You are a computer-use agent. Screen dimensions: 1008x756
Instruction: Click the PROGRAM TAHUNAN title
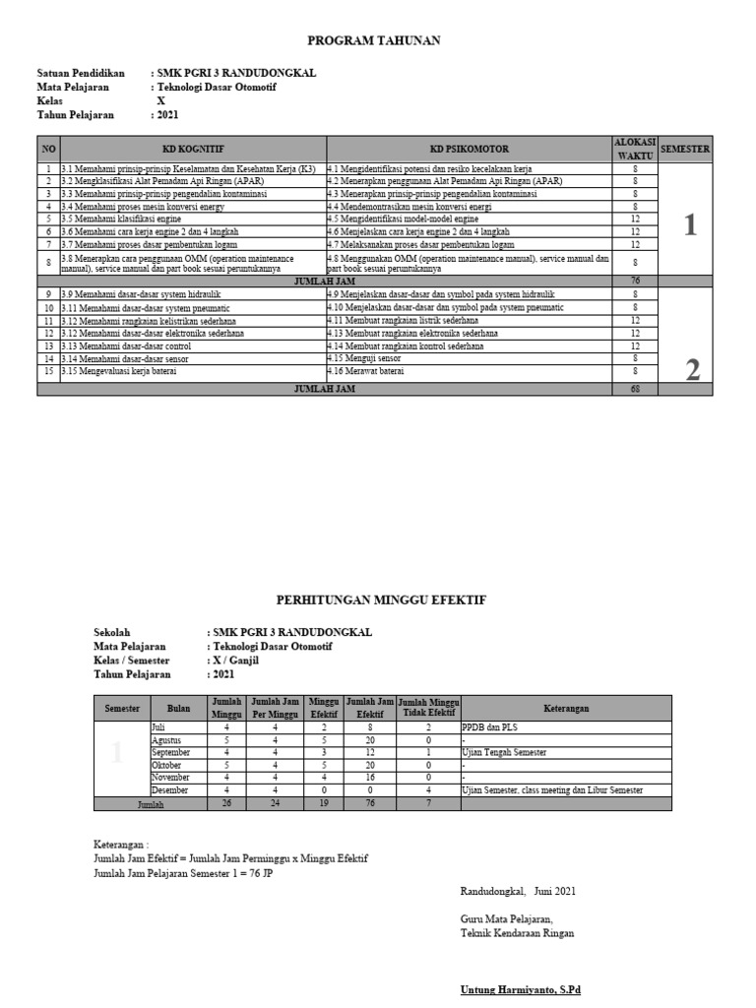coord(373,40)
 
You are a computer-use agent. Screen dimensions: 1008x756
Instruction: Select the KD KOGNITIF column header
coord(192,149)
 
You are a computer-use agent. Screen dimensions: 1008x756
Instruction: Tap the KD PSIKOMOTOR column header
coord(469,149)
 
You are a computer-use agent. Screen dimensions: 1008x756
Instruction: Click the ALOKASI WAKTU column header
coord(634,149)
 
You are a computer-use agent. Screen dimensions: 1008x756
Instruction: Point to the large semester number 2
coord(692,370)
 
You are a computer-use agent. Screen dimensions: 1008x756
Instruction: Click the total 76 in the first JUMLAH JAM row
coord(635,280)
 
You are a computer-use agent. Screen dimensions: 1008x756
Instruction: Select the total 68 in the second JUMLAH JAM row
coord(635,389)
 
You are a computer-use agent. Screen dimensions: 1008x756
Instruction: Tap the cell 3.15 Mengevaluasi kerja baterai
coord(128,371)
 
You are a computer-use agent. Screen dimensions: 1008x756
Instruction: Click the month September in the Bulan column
coord(171,752)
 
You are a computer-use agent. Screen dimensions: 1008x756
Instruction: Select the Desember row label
coord(169,790)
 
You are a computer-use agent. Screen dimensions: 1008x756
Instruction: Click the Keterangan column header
coord(566,708)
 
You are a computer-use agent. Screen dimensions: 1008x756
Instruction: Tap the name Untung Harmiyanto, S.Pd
coord(521,989)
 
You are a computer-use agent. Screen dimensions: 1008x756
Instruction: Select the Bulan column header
coord(178,708)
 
